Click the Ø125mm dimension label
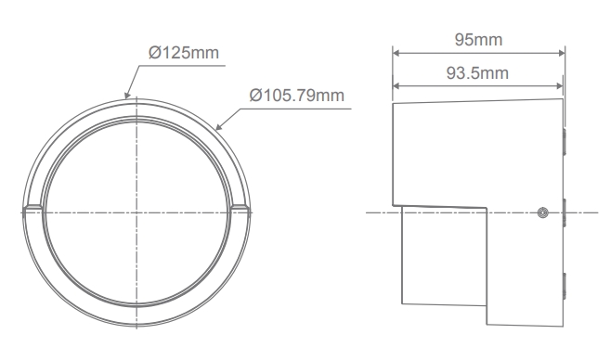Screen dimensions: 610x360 [184, 53]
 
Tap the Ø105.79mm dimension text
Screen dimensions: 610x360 [297, 96]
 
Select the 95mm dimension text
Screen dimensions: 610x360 [478, 40]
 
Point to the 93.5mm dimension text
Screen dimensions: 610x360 [477, 73]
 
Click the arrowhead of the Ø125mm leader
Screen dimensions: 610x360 [127, 95]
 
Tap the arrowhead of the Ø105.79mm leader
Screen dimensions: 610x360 [219, 126]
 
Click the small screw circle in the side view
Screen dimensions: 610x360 [543, 212]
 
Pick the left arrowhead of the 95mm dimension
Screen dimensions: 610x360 [396, 53]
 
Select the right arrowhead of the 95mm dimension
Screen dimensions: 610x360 [562, 53]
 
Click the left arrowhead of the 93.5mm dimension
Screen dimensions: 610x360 [396, 86]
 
